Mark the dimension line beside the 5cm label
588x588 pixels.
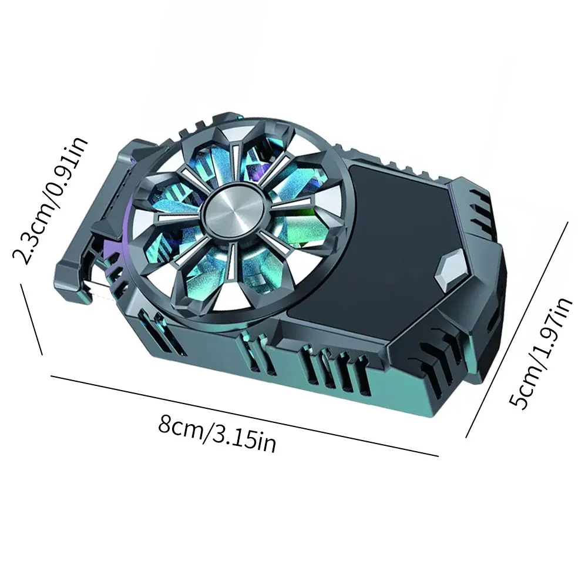[518, 329]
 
